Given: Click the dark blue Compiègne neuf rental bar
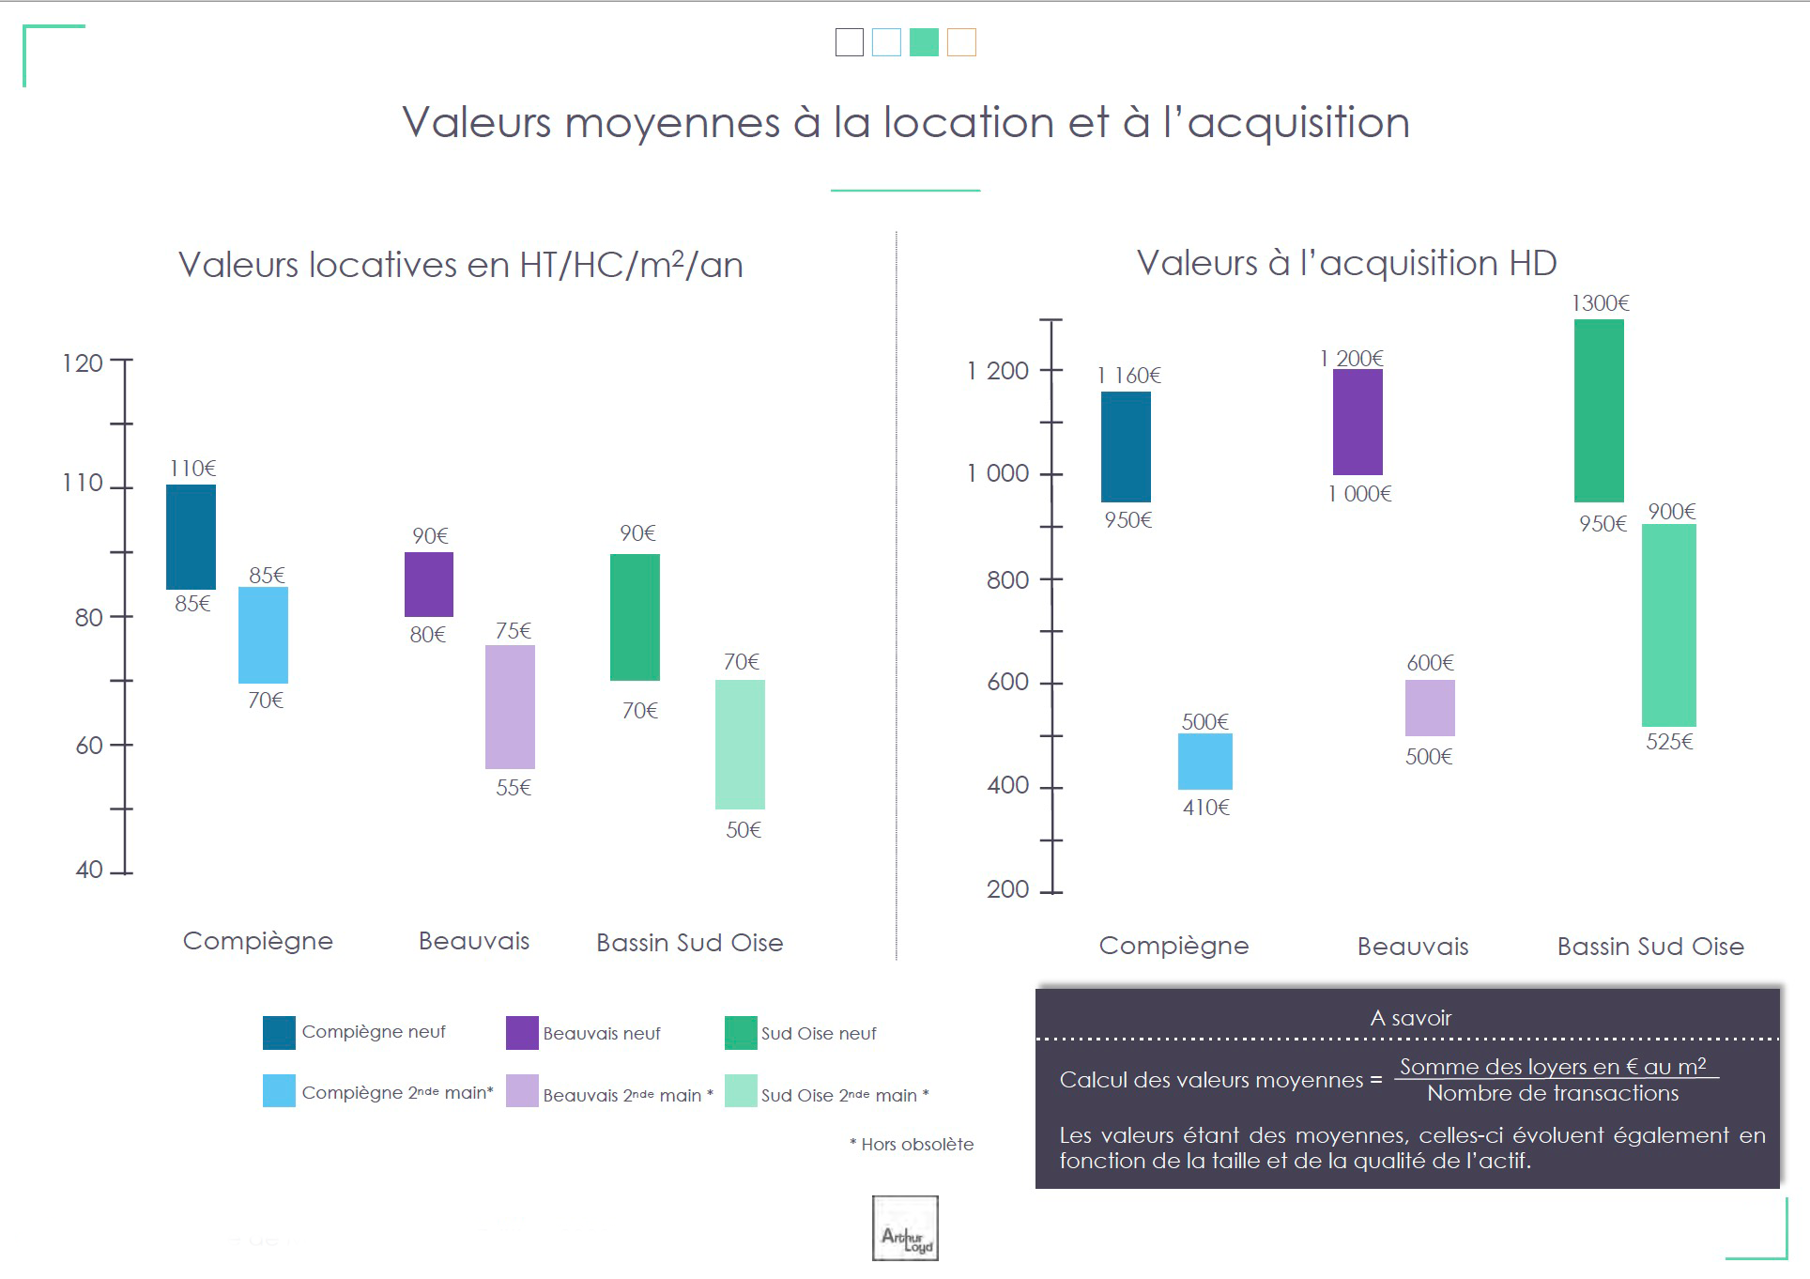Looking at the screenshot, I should [191, 536].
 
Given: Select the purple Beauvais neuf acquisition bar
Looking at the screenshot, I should [1357, 422].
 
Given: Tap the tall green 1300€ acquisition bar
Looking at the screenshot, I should [1599, 410].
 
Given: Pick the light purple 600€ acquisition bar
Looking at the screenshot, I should [1430, 708].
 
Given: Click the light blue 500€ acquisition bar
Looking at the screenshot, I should [1204, 762].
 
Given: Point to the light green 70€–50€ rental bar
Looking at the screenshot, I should [740, 744].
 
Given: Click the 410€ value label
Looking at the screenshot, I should [1205, 808].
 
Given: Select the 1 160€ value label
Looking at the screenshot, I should [1128, 376].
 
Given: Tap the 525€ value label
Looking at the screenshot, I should [1669, 742].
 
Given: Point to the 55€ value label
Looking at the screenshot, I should [514, 788].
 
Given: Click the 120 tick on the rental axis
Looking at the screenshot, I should [83, 363].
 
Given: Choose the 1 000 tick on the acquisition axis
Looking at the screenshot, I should [998, 473].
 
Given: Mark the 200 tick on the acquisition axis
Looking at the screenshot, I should [1007, 889].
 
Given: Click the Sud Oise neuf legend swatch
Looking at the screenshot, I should [741, 1033].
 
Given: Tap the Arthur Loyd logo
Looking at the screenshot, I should [905, 1227].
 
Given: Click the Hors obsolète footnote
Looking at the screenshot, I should [912, 1145].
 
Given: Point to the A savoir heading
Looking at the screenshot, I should [1410, 1018].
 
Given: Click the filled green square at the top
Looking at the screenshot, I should [924, 42].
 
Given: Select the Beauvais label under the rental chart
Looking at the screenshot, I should [474, 941].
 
